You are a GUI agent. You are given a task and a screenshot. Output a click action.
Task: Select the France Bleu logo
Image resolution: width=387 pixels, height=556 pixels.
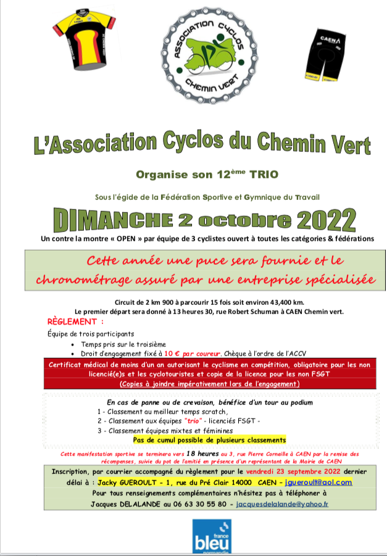pyautogui.click(x=211, y=537)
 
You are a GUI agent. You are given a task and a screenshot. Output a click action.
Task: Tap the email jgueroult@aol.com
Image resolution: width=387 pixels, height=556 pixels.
pyautogui.click(x=318, y=481)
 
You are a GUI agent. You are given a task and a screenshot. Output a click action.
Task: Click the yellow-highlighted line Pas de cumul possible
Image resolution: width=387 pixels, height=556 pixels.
pyautogui.click(x=209, y=439)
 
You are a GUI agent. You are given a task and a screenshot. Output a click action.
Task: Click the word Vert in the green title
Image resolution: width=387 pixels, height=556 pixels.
pyautogui.click(x=349, y=146)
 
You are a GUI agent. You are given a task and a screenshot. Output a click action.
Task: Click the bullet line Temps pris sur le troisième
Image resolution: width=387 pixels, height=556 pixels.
pyautogui.click(x=123, y=344)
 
